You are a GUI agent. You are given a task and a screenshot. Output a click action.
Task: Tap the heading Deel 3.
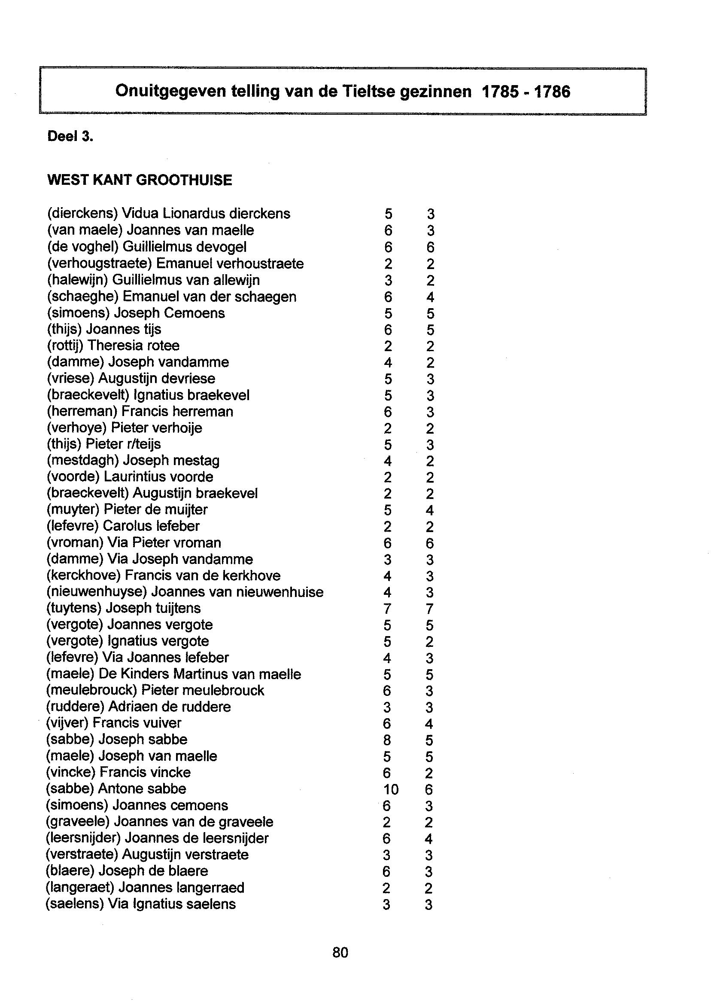[x=70, y=137]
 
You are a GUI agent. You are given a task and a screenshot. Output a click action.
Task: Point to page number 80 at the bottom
[x=340, y=952]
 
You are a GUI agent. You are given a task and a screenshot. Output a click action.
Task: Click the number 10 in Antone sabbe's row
[x=391, y=790]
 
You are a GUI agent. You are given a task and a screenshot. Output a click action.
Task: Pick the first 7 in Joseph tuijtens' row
[x=387, y=609]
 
